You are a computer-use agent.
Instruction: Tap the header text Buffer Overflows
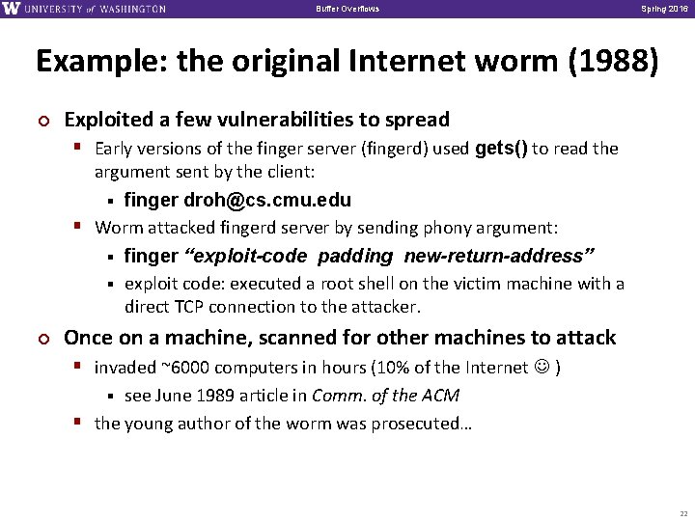point(347,9)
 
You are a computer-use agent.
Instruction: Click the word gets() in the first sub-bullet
point(502,148)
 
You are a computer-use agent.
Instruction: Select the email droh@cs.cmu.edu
point(267,201)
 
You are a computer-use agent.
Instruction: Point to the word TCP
point(187,307)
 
